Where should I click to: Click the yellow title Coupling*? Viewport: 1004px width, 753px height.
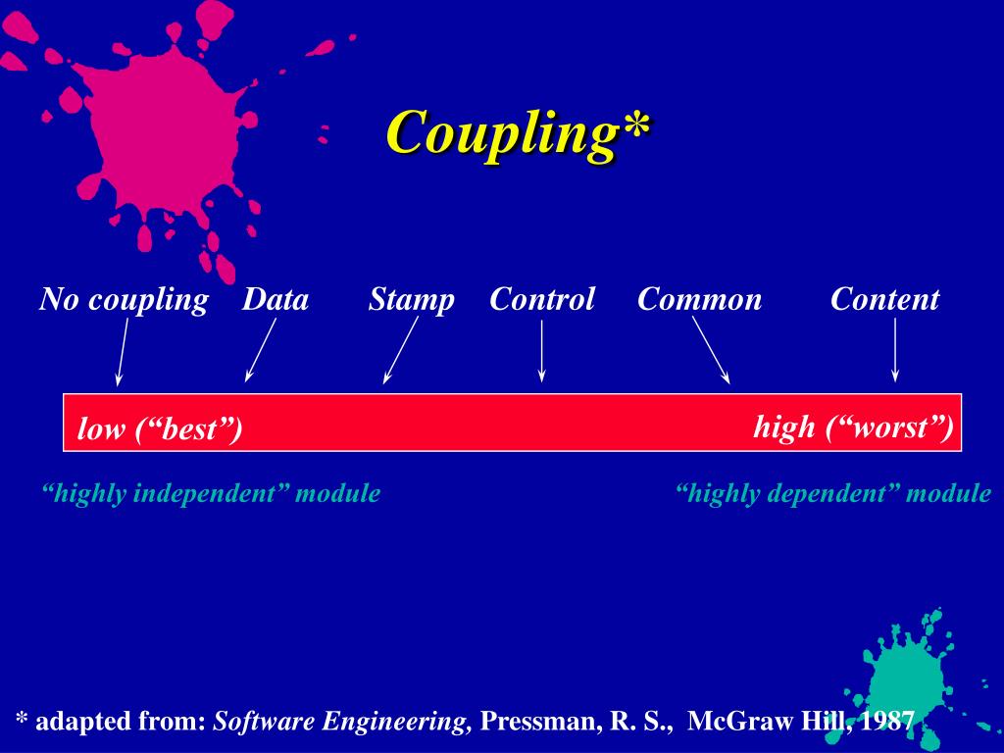pyautogui.click(x=517, y=132)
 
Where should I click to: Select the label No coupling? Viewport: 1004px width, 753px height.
pyautogui.click(x=124, y=299)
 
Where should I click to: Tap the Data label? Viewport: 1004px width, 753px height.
pyautogui.click(x=276, y=299)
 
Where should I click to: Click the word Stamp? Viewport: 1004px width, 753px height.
pyautogui.click(x=411, y=299)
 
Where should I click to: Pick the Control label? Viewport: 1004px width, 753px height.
pyautogui.click(x=542, y=299)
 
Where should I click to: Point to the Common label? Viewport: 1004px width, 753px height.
pyautogui.click(x=699, y=299)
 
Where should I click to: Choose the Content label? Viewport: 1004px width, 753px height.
pyautogui.click(x=884, y=299)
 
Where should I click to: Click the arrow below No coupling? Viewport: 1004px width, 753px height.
pyautogui.click(x=123, y=350)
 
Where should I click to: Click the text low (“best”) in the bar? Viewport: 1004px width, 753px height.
pyautogui.click(x=160, y=429)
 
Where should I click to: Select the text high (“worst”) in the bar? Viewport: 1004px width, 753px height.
pyautogui.click(x=853, y=427)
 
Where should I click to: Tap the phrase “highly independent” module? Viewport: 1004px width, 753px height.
pyautogui.click(x=211, y=493)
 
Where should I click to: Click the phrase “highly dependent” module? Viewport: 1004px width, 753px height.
pyautogui.click(x=833, y=493)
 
